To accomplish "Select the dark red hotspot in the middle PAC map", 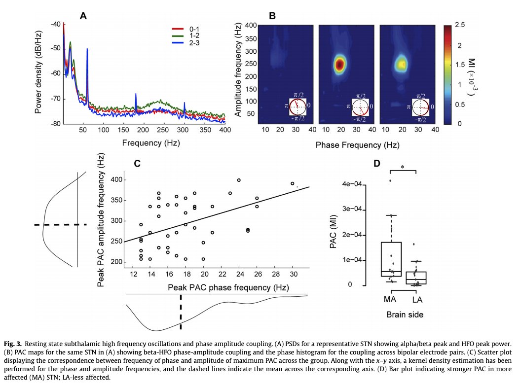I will tap(339, 64).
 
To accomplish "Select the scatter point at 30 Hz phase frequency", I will tap(293, 183).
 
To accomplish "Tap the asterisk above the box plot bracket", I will tap(403, 168).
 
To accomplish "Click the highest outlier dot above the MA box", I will tap(390, 180).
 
